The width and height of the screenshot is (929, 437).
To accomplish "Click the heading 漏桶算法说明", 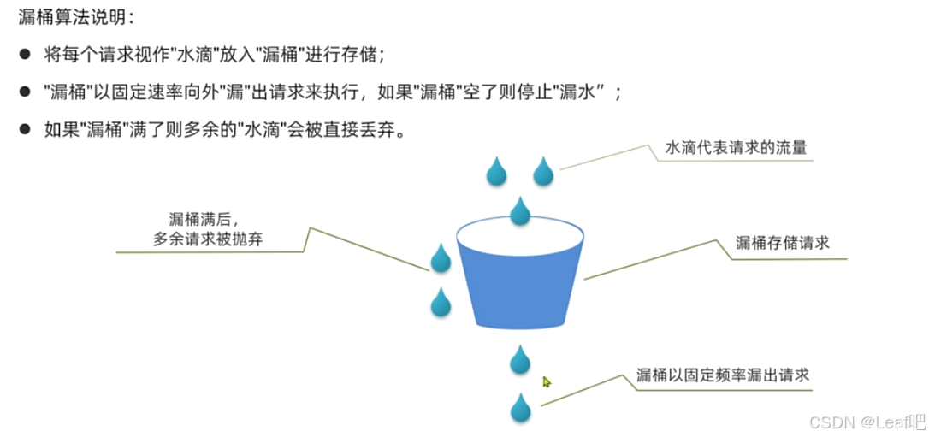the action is pos(76,19).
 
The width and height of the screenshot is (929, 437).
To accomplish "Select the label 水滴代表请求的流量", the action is pos(736,147).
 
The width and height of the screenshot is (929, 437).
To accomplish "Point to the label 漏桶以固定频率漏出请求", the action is pos(723,375).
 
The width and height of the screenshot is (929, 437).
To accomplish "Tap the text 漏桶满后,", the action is pos(202,220).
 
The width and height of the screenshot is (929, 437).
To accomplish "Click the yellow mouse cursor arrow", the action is pos(547,381).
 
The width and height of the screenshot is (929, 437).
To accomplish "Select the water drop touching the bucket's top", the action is pos(520,211).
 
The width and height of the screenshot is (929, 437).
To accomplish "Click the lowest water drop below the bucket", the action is pos(520,409).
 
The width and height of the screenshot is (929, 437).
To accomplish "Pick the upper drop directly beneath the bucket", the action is pos(520,361).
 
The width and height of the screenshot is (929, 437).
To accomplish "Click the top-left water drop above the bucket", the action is pos(496,173).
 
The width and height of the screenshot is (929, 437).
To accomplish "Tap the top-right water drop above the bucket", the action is pos(543,173).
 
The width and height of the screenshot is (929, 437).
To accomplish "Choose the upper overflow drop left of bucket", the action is pos(441,259).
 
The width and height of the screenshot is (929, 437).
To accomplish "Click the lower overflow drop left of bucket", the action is pos(441,303).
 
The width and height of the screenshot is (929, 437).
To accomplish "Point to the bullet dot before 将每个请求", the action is pos(26,56).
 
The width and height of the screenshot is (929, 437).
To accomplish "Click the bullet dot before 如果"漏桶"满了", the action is pos(26,131).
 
